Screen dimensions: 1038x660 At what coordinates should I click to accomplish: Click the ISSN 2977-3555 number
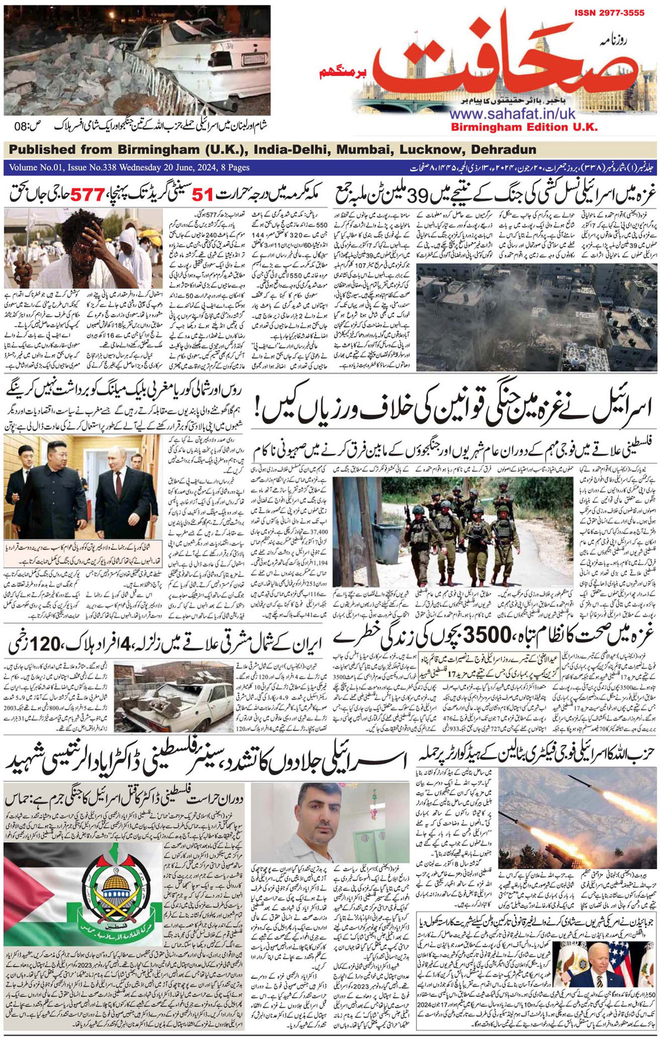[x=609, y=13]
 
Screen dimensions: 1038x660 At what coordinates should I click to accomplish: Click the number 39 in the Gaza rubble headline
[x=454, y=194]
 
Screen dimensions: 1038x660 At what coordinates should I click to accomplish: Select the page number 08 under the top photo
[x=23, y=126]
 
